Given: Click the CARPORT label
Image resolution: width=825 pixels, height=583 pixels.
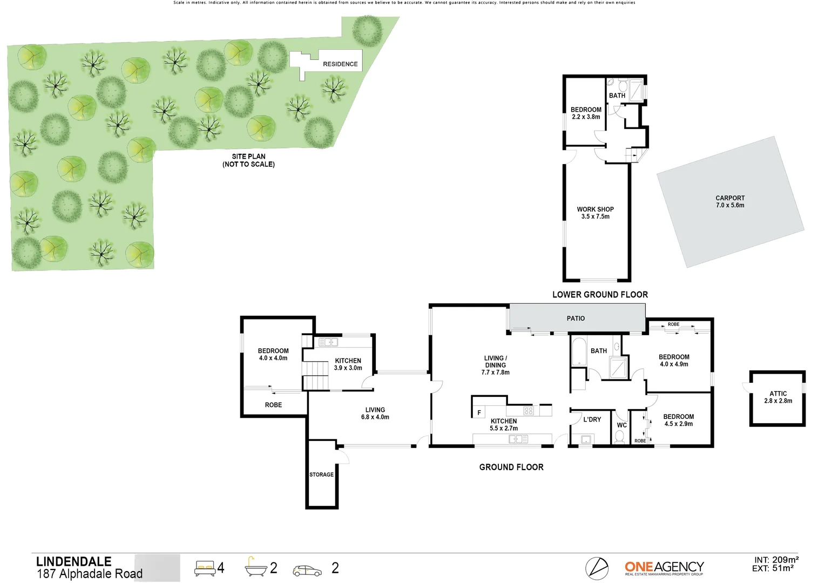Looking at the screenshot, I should (x=730, y=198).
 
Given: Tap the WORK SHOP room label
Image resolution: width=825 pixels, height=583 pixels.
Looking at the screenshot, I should (x=595, y=209).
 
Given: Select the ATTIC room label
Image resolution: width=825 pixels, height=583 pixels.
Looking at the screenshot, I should (x=778, y=394).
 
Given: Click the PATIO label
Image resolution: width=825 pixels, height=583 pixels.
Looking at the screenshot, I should (x=576, y=318).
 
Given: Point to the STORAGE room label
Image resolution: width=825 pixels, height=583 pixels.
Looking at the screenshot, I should (x=321, y=474).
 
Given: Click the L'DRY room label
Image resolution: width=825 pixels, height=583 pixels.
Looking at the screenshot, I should (x=592, y=419).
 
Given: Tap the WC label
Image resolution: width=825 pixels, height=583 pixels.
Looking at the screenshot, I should (x=622, y=425).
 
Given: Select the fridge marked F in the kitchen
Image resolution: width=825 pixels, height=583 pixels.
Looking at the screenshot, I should (x=479, y=412).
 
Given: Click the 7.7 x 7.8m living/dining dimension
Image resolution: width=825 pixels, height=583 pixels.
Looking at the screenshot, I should (x=495, y=372).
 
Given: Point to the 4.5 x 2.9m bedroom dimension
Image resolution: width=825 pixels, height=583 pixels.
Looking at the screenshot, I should (x=678, y=424).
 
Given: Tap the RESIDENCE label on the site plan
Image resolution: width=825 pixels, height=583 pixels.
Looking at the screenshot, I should (x=340, y=64).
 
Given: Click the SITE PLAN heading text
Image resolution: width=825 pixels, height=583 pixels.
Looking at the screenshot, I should (x=248, y=157).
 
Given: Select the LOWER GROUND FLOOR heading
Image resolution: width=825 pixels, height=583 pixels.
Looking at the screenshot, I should (x=600, y=295).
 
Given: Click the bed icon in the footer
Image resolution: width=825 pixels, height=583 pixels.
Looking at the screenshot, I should (x=205, y=568).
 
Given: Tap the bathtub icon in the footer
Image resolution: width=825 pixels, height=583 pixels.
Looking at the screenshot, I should (x=255, y=567).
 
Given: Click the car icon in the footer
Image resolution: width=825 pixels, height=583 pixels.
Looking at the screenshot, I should (x=307, y=571).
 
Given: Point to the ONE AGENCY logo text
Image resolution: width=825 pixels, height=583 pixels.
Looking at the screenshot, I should (x=664, y=567).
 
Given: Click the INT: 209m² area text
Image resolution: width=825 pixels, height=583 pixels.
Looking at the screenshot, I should (x=776, y=560).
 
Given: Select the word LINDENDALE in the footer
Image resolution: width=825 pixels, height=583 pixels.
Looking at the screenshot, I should (x=74, y=561).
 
